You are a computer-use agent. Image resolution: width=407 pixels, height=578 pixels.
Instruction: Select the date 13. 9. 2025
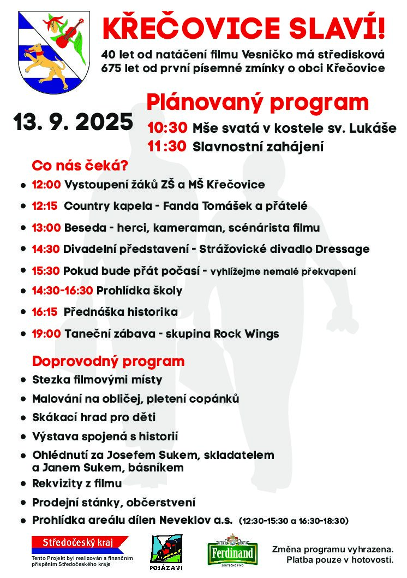pyautogui.click(x=74, y=121)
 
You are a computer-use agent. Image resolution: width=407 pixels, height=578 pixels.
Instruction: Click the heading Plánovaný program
pyautogui.click(x=258, y=102)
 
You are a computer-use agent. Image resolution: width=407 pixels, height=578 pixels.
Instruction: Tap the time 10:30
pyautogui.click(x=167, y=128)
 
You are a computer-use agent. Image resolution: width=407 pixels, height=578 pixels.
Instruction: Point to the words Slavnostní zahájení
pyautogui.click(x=258, y=146)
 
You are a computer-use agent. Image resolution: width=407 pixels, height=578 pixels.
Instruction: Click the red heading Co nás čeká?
pyautogui.click(x=80, y=165)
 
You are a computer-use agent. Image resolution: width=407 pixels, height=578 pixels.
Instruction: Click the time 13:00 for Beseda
pyautogui.click(x=46, y=228)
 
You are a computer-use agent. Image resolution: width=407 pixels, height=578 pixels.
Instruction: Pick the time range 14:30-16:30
pyautogui.click(x=62, y=291)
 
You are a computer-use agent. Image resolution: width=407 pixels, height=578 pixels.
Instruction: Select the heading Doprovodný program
pyautogui.click(x=108, y=361)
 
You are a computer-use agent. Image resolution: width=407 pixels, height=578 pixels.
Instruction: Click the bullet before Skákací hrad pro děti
pyautogui.click(x=23, y=418)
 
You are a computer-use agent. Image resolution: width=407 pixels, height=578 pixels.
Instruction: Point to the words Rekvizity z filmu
pyautogui.click(x=77, y=483)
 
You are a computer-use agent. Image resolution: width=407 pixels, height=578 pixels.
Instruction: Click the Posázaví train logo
pyautogui.click(x=166, y=552)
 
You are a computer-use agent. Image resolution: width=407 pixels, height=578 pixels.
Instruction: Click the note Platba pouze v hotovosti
pyautogui.click(x=339, y=560)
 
